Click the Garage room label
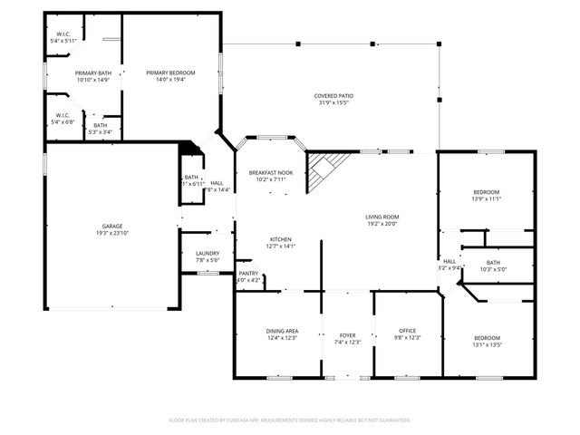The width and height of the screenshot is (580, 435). pos(112,227)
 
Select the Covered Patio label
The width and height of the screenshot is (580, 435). pos(333,96)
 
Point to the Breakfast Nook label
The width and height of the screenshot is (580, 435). pos(271,172)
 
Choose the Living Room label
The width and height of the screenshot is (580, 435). pos(382,217)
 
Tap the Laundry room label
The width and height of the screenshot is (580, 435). pos(208,254)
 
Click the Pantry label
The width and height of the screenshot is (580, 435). pos(248,274)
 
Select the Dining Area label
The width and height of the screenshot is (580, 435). pos(282,331)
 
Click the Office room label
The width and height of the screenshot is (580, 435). pos(407,331)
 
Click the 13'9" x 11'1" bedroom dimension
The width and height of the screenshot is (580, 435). pos(486,198)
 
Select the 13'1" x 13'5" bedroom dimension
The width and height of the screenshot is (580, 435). pos(486,344)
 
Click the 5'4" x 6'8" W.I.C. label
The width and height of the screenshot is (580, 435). pos(63,121)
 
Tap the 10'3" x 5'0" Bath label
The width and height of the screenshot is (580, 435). pos(492,269)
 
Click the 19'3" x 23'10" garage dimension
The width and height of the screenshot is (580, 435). pos(112,233)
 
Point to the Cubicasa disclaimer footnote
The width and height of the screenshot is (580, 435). pos(290,420)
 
